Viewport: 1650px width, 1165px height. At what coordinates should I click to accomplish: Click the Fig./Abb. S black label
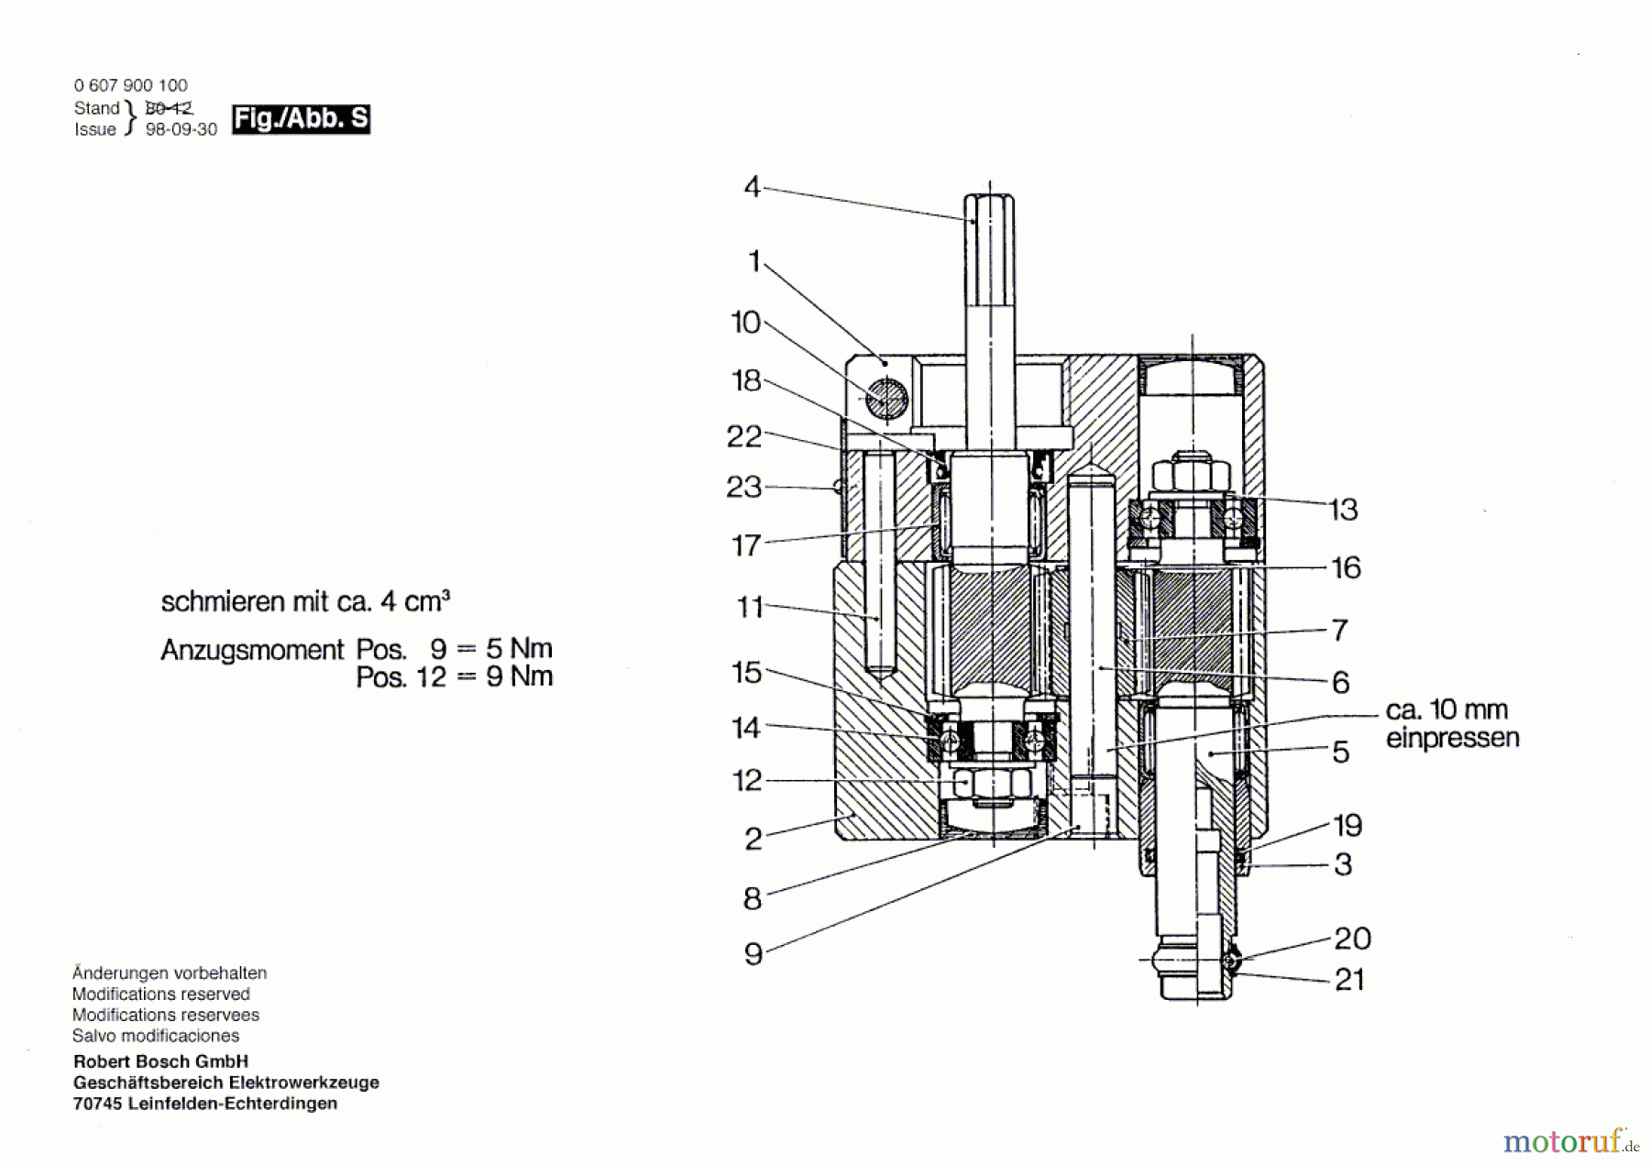click(x=301, y=119)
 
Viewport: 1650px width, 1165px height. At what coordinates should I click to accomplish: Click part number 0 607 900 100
click(x=130, y=85)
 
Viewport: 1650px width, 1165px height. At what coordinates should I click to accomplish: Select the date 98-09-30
click(x=181, y=130)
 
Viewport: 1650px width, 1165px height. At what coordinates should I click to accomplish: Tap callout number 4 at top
click(x=752, y=187)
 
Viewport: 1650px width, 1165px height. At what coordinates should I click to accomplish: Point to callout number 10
click(x=745, y=323)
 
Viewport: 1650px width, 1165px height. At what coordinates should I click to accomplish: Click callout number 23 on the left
click(x=743, y=487)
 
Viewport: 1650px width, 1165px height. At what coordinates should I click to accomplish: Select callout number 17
click(x=746, y=545)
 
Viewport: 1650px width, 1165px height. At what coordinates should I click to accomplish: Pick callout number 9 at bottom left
click(x=753, y=954)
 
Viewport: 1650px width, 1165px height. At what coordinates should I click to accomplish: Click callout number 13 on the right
click(x=1343, y=509)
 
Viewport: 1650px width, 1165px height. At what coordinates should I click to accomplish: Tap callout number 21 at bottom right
click(x=1349, y=980)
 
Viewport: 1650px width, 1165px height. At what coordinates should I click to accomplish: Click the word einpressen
click(x=1452, y=738)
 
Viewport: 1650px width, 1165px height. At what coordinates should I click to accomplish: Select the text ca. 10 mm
click(x=1446, y=709)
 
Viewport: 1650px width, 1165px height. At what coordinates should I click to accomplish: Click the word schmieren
click(x=223, y=602)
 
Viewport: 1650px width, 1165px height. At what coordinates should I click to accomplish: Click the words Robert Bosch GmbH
click(x=160, y=1061)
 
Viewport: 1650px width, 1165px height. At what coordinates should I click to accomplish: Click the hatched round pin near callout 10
click(x=887, y=399)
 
